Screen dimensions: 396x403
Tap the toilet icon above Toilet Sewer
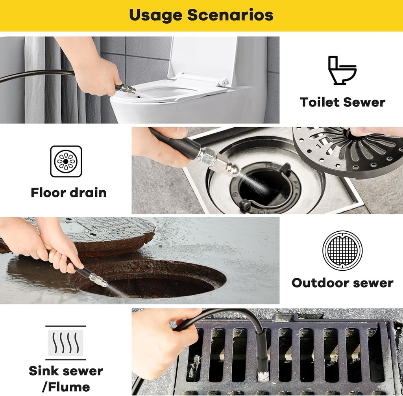(342, 70)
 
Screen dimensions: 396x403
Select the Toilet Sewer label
(342, 102)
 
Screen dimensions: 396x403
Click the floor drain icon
(66, 162)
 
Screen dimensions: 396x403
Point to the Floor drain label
(68, 193)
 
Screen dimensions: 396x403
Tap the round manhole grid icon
(342, 251)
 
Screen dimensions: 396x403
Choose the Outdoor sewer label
(342, 283)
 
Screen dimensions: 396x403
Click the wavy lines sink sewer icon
(66, 343)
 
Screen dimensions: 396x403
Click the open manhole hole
(157, 282)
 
